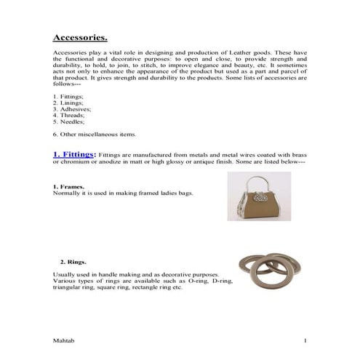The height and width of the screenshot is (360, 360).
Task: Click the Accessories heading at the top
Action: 81,37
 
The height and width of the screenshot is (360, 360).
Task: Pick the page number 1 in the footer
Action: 305,340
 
